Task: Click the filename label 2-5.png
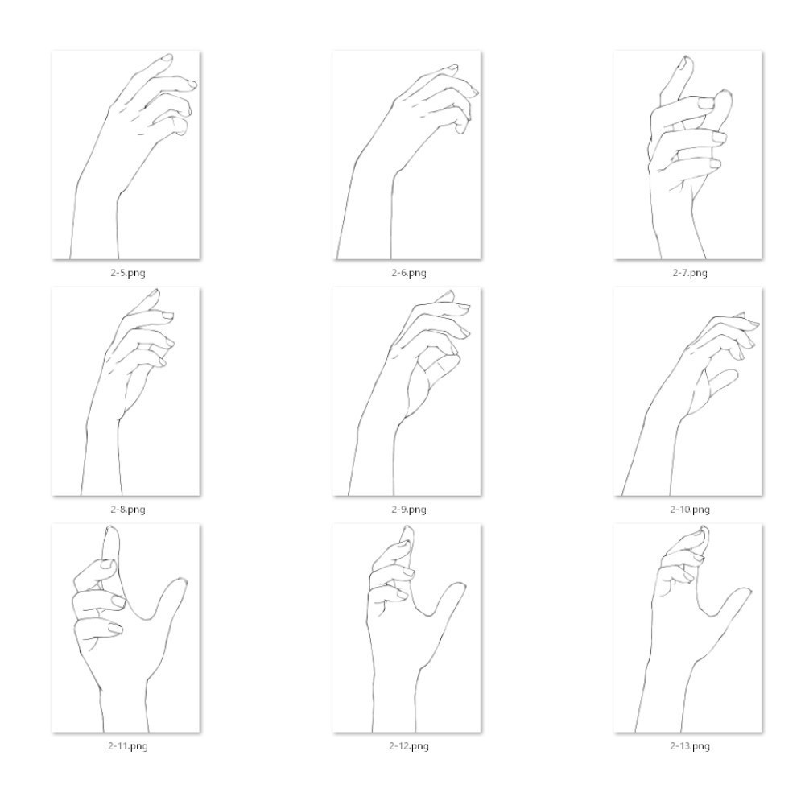pyautogui.click(x=128, y=273)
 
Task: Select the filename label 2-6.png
pyautogui.click(x=409, y=273)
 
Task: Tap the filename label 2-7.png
pyautogui.click(x=690, y=273)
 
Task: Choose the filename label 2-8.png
pyautogui.click(x=128, y=510)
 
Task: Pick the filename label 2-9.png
pyautogui.click(x=409, y=510)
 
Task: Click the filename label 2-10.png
pyautogui.click(x=690, y=510)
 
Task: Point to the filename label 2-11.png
pyautogui.click(x=128, y=746)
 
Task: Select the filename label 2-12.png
pyautogui.click(x=409, y=746)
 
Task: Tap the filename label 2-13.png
pyautogui.click(x=690, y=746)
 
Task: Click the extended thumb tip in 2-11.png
pyautogui.click(x=181, y=580)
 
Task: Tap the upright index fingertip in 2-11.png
pyautogui.click(x=111, y=528)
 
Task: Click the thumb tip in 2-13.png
pyautogui.click(x=746, y=590)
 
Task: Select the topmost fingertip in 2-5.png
pyautogui.click(x=168, y=56)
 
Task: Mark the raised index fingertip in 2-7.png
pyautogui.click(x=686, y=59)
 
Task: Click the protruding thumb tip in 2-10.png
pyautogui.click(x=735, y=372)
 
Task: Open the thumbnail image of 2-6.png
pyautogui.click(x=407, y=155)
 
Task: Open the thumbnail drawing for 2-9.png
pyautogui.click(x=407, y=392)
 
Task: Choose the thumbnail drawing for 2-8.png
pyautogui.click(x=126, y=392)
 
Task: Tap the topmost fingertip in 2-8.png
pyautogui.click(x=156, y=291)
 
